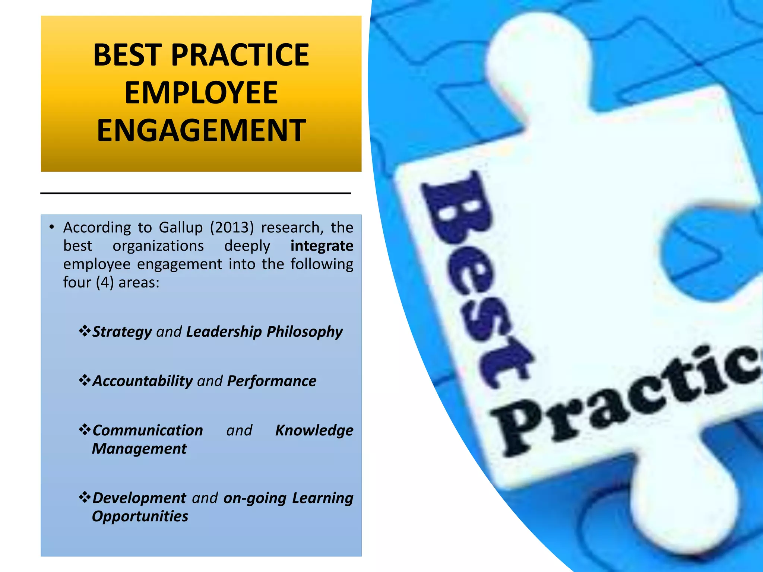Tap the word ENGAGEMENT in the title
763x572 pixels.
tap(201, 130)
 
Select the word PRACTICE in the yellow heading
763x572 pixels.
tap(240, 55)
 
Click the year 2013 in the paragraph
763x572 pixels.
tap(232, 228)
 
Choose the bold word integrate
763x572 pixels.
tap(322, 246)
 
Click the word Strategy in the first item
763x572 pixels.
tap(122, 331)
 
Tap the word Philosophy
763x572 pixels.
tap(304, 331)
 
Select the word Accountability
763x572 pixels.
tap(142, 381)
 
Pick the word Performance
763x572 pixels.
tap(272, 381)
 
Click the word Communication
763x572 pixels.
tap(148, 430)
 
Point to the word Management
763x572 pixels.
tap(139, 449)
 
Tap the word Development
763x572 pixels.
tap(139, 498)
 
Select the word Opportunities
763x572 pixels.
tap(140, 517)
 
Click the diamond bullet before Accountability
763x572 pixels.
tap(85, 380)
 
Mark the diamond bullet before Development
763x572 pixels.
tap(85, 497)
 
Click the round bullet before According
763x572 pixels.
tap(52, 227)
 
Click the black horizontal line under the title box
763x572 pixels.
tap(196, 193)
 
